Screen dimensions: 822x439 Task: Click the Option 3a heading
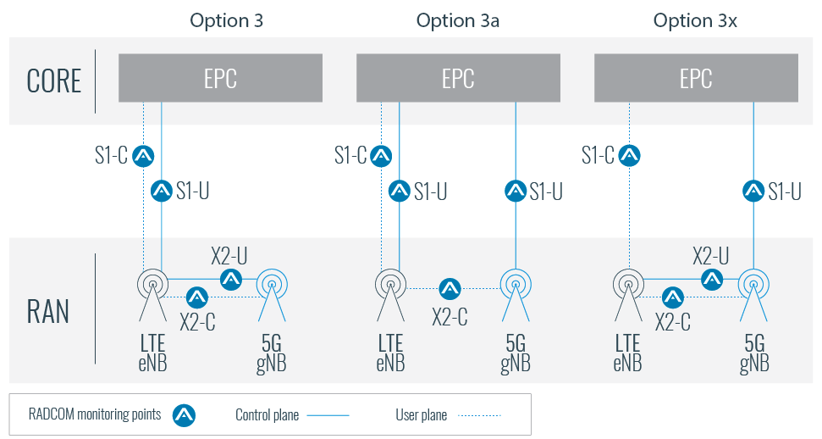click(x=458, y=20)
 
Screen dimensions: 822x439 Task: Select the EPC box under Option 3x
click(x=696, y=78)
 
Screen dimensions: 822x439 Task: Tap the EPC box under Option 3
click(x=220, y=78)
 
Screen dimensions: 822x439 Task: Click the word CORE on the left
click(x=54, y=81)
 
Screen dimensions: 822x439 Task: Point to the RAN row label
click(x=47, y=311)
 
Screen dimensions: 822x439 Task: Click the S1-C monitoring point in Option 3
click(x=143, y=156)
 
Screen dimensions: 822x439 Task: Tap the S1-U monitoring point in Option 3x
click(x=753, y=191)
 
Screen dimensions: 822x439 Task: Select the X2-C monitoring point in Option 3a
click(x=450, y=288)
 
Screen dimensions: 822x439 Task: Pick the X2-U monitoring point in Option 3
click(x=230, y=280)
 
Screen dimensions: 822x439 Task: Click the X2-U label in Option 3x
click(x=711, y=256)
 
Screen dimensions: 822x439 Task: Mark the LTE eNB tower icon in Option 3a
click(x=390, y=295)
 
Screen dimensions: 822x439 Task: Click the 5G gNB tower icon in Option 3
click(x=272, y=295)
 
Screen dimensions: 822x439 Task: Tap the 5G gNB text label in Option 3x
click(x=754, y=354)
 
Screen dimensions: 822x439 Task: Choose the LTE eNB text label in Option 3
click(x=152, y=353)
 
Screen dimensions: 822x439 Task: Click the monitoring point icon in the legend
click(x=184, y=415)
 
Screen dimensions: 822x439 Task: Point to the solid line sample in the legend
click(x=328, y=415)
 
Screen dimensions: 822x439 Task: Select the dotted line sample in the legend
click(x=480, y=415)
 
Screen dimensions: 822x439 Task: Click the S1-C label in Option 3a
click(x=350, y=155)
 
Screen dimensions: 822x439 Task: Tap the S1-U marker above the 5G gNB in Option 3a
click(x=516, y=191)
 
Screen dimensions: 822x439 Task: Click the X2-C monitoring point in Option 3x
click(x=673, y=297)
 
